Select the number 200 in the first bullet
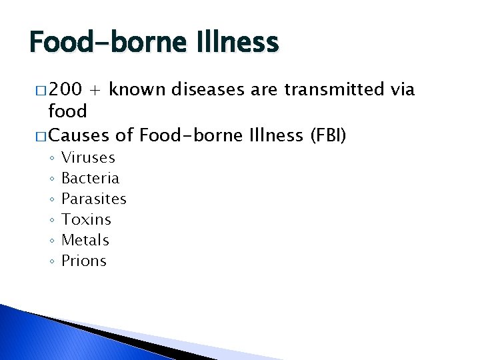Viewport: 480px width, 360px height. (x=65, y=90)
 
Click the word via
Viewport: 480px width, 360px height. (x=403, y=90)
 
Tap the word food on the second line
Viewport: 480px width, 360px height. (x=68, y=111)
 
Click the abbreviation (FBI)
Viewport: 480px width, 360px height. (x=327, y=137)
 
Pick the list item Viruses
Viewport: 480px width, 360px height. (x=88, y=158)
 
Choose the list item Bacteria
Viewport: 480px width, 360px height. (x=90, y=179)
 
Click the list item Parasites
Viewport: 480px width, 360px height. (x=93, y=199)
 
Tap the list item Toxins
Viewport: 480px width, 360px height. (x=86, y=220)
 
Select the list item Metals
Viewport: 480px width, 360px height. (x=85, y=241)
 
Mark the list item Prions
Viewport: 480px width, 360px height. (x=83, y=261)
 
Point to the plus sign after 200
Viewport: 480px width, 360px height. (x=97, y=90)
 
